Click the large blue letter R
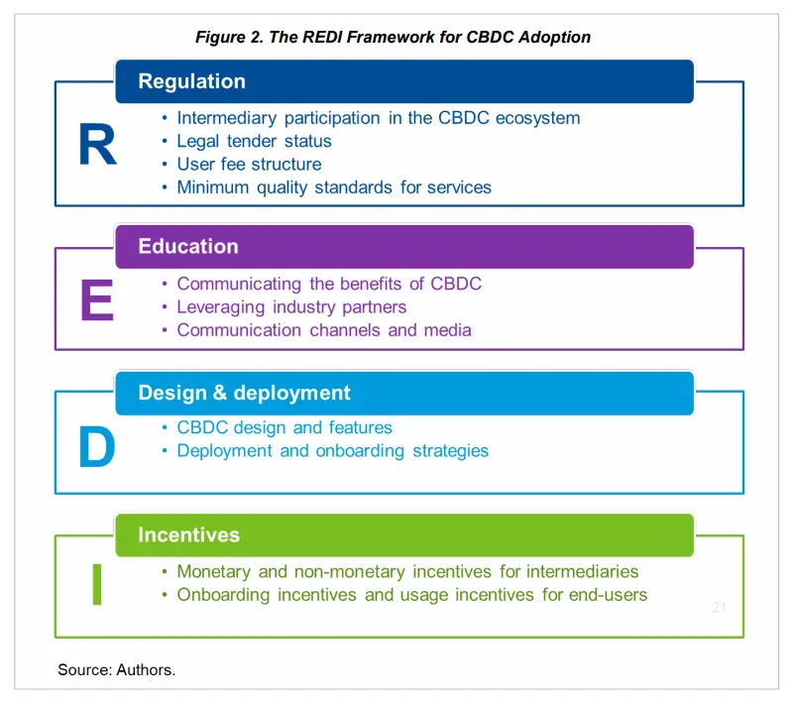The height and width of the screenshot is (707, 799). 98,145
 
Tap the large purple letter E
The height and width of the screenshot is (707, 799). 97,299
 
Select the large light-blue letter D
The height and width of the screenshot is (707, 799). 97,446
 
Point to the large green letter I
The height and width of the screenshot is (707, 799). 97,584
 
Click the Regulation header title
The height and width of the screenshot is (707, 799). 192,81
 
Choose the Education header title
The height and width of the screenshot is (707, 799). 188,247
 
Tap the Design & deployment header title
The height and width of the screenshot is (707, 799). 245,393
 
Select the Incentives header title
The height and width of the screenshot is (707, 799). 189,535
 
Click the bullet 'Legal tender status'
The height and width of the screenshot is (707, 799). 255,141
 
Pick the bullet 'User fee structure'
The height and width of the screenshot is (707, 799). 249,165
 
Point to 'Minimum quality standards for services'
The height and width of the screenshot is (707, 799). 334,187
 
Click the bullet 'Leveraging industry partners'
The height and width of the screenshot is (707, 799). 291,307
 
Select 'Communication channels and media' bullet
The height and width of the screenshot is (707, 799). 324,330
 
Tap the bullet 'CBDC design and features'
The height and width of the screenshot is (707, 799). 285,427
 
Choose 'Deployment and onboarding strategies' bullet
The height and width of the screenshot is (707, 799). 333,451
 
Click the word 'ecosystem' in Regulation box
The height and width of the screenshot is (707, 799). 537,118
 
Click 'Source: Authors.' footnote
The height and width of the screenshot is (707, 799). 117,669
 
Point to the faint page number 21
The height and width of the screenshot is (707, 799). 719,607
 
